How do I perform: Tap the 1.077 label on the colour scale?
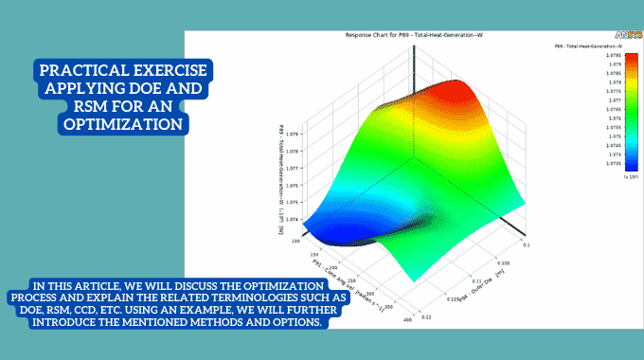[x=612, y=99]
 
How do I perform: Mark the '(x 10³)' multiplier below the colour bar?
[x=604, y=176]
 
